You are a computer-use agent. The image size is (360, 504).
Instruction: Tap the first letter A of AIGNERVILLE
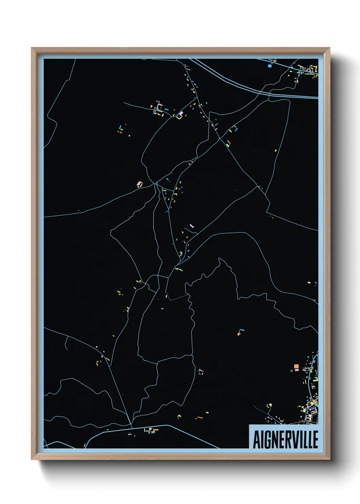[256, 440]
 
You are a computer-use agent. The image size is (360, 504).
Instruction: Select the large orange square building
[296, 366]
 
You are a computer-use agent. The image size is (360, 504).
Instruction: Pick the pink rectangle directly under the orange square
[296, 370]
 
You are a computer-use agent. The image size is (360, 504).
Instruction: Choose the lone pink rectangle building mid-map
[191, 225]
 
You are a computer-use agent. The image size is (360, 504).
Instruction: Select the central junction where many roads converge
[156, 184]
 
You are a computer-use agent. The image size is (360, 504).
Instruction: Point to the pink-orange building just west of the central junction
[139, 184]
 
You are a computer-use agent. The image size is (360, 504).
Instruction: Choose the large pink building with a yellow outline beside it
[181, 114]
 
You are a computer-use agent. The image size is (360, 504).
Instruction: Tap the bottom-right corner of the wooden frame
[329, 459]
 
